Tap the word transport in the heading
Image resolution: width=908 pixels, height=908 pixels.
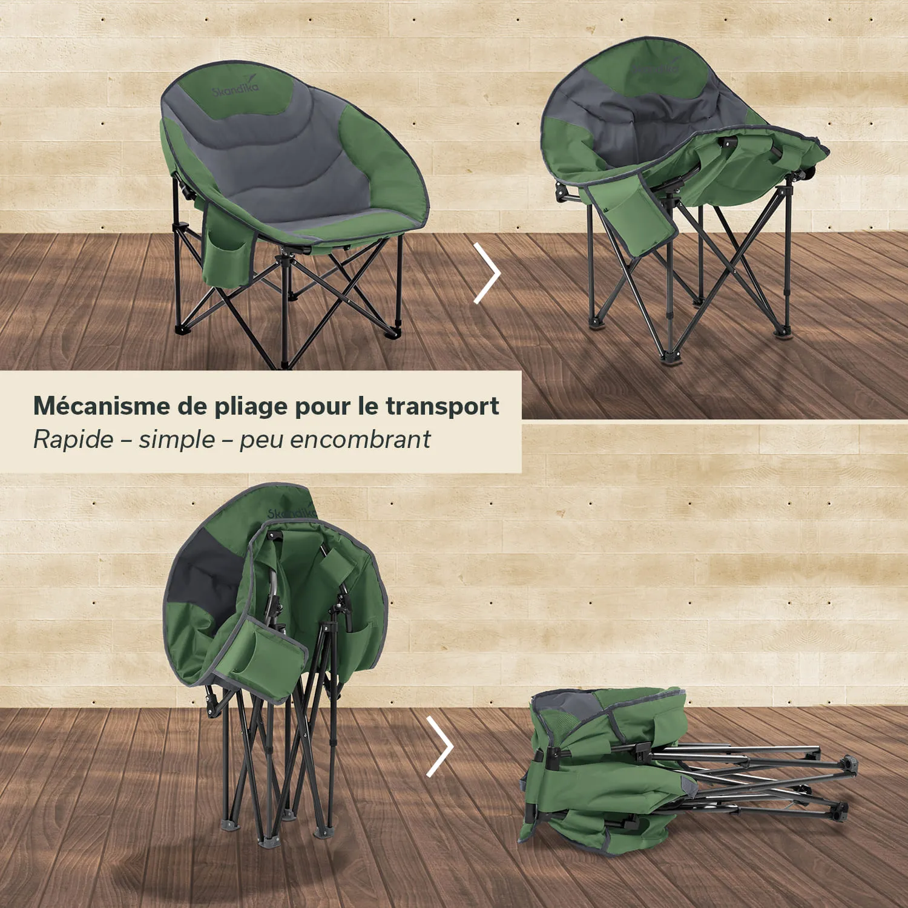coord(442,406)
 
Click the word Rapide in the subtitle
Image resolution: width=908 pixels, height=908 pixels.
coord(73,439)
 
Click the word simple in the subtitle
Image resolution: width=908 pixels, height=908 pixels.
coord(177,439)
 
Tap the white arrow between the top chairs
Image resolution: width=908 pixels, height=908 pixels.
coord(488,273)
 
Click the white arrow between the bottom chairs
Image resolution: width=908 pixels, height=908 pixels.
coord(440,746)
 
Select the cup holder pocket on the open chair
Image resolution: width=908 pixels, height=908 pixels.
coord(227,257)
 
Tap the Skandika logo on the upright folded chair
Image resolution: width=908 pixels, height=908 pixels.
coord(292,508)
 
